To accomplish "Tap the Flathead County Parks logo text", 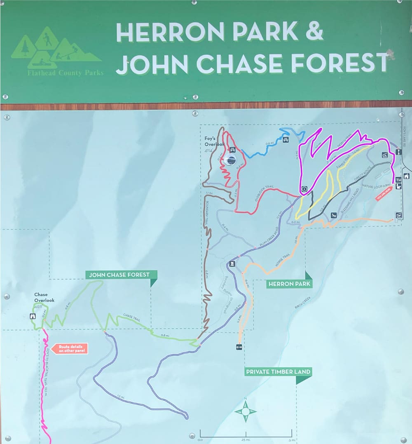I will pos(66,73).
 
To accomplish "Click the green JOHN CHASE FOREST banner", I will pos(119,275).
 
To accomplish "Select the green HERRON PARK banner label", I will pos(289,284).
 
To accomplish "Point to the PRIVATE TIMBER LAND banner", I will pos(278,372).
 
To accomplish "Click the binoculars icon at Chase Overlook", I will pos(33,316).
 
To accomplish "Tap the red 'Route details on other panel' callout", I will pos(71,349).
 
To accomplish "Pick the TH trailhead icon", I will pos(398,180).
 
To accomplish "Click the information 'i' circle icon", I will pos(304,189).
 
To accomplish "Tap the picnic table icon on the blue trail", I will pos(286,139).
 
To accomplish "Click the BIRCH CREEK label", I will pos(303,303).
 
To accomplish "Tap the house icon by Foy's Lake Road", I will pos(406,176).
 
